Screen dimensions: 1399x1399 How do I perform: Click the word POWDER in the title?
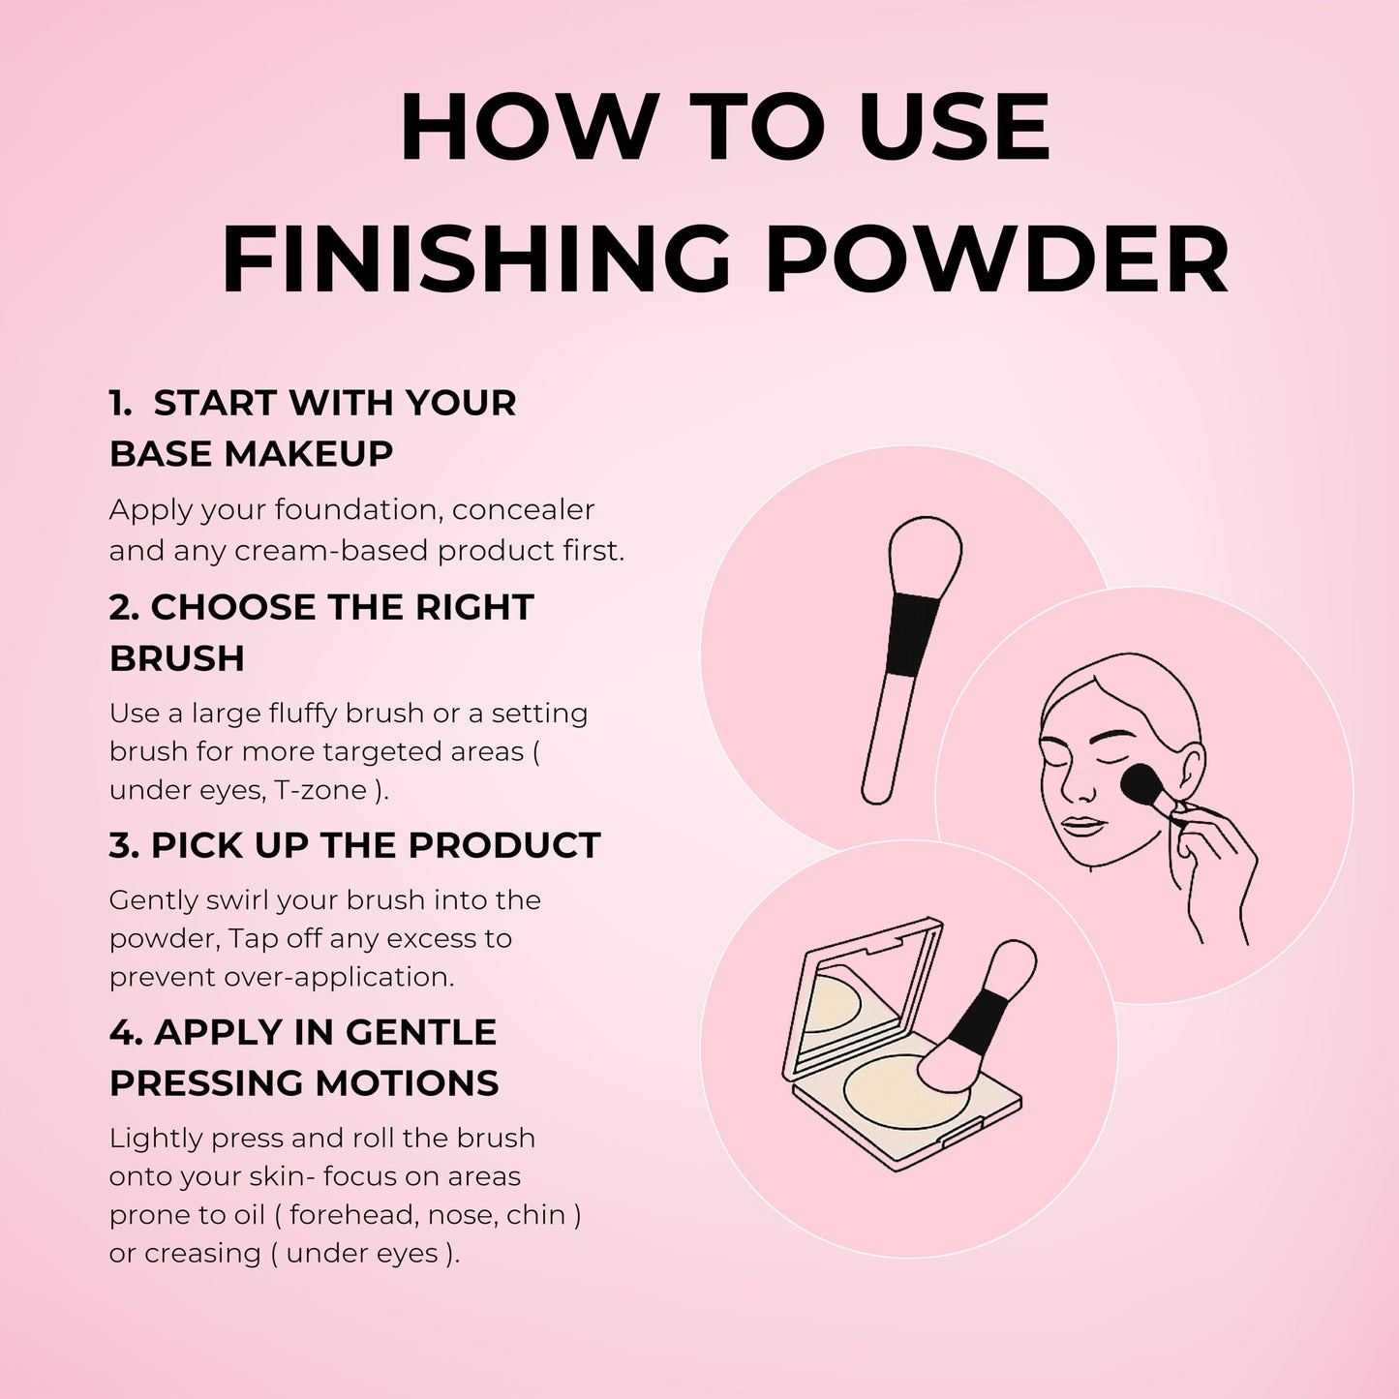pos(997,259)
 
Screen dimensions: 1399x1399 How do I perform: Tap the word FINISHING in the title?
pos(476,259)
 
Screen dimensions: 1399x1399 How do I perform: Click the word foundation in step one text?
pos(359,509)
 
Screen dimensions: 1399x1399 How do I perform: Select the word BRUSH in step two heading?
pos(177,658)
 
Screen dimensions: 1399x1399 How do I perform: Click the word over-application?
pos(339,977)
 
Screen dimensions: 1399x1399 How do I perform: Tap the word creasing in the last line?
pos(202,1254)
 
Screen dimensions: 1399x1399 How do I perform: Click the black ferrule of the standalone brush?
pos(912,635)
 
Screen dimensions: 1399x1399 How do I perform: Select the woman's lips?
pos(1083,828)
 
